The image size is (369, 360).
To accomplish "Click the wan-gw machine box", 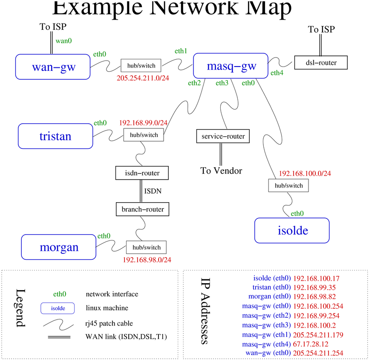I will (x=53, y=67).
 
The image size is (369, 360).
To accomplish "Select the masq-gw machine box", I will (x=231, y=66).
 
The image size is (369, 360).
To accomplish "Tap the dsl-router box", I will (x=321, y=63).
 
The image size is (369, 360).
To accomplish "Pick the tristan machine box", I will (x=55, y=136).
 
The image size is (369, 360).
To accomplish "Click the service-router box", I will (x=223, y=136).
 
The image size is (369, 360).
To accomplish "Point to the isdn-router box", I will (x=142, y=173).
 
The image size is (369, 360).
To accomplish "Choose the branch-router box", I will (x=142, y=209).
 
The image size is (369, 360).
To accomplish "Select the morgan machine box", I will (x=59, y=247).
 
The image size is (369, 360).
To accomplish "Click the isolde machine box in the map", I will (x=292, y=231).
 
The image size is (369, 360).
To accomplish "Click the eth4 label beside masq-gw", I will (x=277, y=73).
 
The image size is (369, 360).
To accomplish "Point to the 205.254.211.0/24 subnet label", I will (x=143, y=78).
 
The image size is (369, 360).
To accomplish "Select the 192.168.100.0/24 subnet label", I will (x=305, y=174).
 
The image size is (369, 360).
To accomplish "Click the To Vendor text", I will (x=221, y=171).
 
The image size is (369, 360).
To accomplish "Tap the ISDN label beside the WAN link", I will (x=153, y=191).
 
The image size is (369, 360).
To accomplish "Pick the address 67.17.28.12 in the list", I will (x=311, y=344).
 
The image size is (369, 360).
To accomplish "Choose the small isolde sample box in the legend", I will (x=58, y=308).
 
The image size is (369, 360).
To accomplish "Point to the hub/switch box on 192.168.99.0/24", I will (x=144, y=135).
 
